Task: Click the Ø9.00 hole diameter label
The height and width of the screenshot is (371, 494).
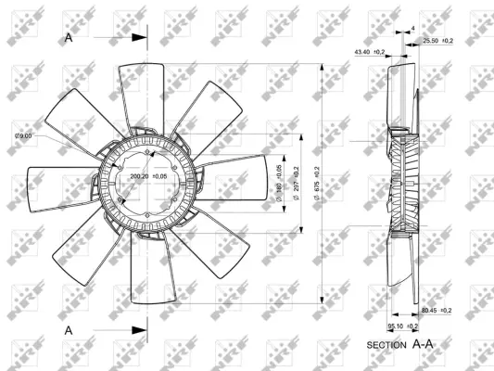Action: tap(23, 136)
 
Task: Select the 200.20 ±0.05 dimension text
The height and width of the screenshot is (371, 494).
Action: tap(149, 175)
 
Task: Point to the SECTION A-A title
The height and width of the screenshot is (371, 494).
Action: tap(399, 344)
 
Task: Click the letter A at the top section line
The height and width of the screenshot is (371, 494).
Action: tap(70, 38)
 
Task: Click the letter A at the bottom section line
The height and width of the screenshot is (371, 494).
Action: tap(70, 329)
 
